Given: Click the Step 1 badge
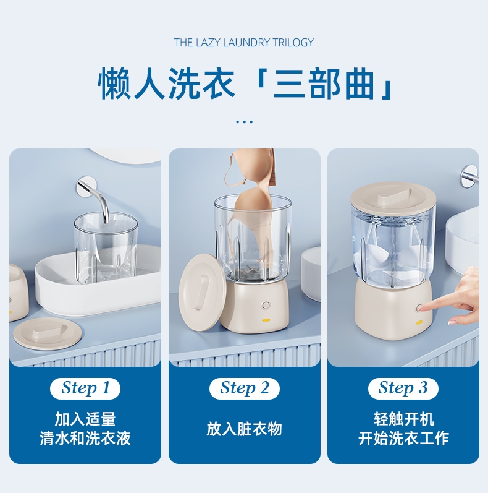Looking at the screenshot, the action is [85, 388].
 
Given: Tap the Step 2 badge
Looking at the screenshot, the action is [245, 388].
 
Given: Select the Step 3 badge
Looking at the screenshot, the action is [403, 388].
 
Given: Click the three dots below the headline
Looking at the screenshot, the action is [245, 121].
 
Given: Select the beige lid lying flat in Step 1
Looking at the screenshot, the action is [48, 333].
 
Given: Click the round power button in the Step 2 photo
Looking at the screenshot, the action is [266, 305].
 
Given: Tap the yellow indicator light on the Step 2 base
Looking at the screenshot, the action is [266, 320].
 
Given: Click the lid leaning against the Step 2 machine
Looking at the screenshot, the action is [202, 293].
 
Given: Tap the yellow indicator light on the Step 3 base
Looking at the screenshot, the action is [419, 322].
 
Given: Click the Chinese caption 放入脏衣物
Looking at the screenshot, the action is [245, 429].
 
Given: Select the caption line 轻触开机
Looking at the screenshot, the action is [403, 419].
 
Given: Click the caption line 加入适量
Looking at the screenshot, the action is [85, 419].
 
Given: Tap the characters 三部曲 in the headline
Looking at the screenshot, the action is [324, 84].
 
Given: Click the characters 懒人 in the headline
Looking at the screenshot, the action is [131, 84].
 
